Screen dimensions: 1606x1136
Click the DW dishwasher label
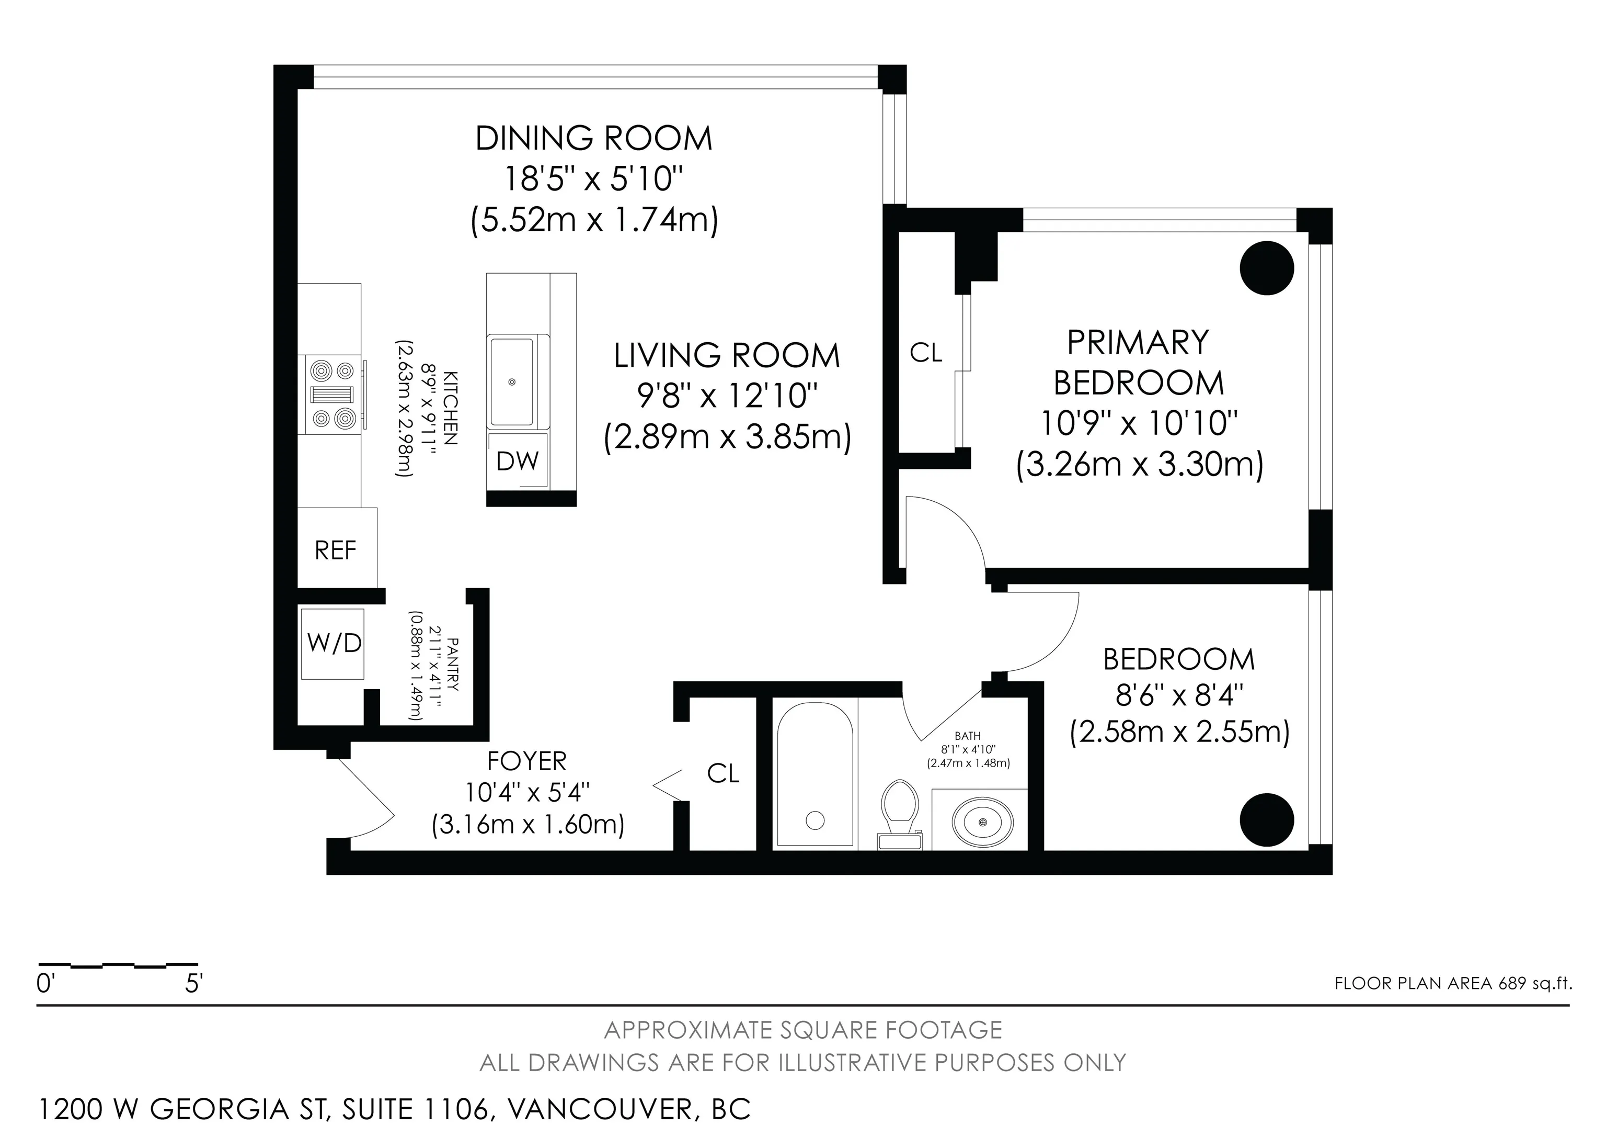(518, 460)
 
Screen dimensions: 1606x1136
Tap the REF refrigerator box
(337, 547)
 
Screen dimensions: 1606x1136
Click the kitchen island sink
(512, 381)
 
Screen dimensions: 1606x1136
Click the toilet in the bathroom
(900, 814)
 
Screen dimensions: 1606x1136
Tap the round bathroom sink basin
(983, 820)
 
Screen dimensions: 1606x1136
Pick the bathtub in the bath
(815, 775)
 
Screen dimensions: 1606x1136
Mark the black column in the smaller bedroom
(1267, 819)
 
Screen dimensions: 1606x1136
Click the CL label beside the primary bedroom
(926, 353)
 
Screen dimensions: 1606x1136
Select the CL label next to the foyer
(723, 773)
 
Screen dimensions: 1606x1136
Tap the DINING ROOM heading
(594, 138)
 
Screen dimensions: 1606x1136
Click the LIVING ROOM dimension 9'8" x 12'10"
(727, 396)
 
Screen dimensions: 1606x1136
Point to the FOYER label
(526, 761)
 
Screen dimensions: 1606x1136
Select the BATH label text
(968, 736)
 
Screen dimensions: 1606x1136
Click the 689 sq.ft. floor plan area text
(1535, 983)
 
